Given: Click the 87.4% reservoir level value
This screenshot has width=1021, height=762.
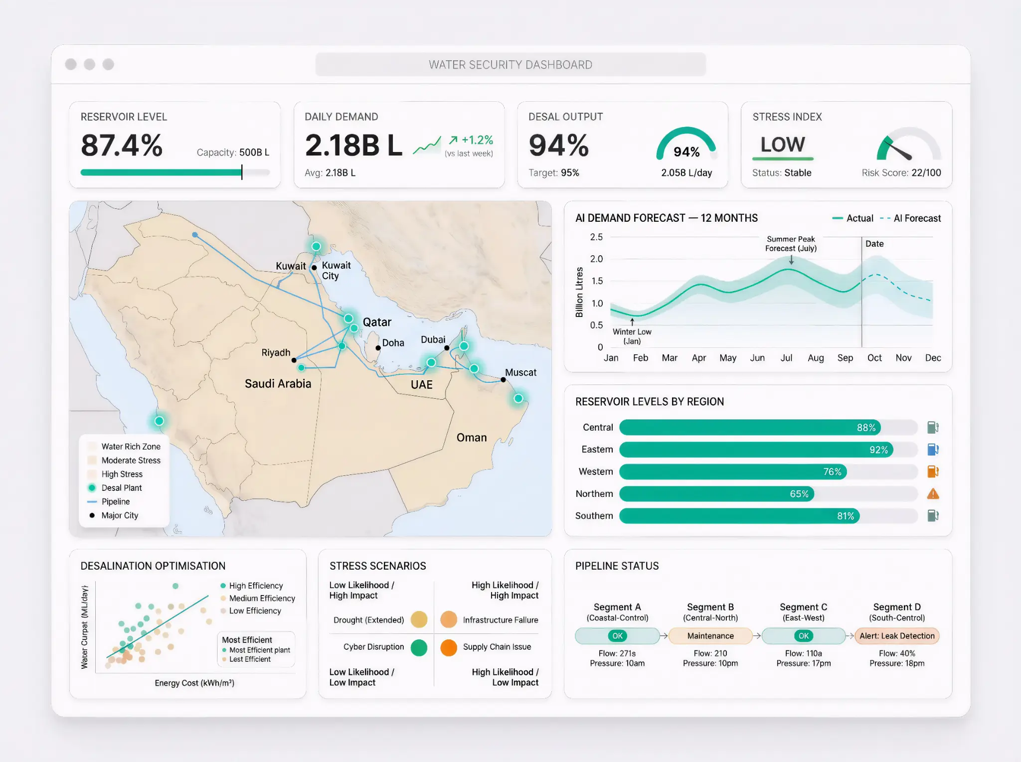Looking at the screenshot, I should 122,146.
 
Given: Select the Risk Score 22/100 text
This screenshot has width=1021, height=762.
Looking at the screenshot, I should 901,173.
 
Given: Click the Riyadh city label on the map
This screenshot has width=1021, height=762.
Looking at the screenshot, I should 276,353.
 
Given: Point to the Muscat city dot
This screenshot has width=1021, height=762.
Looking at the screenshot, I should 503,380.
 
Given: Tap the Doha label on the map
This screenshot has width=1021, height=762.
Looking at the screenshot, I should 393,343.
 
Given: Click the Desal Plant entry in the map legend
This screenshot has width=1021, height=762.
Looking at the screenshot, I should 121,488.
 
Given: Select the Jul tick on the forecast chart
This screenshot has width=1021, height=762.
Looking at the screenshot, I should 786,358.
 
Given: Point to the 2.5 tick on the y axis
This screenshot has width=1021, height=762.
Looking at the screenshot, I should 596,237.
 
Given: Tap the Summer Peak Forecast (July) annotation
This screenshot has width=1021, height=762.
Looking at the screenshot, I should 791,244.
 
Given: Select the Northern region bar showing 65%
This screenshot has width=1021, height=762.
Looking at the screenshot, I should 716,494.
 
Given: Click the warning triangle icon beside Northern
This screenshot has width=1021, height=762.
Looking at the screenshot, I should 933,494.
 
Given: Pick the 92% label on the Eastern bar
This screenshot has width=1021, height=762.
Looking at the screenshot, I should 878,450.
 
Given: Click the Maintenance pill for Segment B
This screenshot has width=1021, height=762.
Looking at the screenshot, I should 710,636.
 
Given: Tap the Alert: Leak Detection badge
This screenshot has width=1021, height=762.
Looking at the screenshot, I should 896,636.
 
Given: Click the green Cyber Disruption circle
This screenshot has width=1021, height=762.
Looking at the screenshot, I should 419,647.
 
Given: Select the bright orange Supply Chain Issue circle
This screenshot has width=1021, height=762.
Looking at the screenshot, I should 449,647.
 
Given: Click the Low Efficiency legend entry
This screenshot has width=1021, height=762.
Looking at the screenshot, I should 255,611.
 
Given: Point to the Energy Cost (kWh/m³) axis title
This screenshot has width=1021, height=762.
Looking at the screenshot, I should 194,683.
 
